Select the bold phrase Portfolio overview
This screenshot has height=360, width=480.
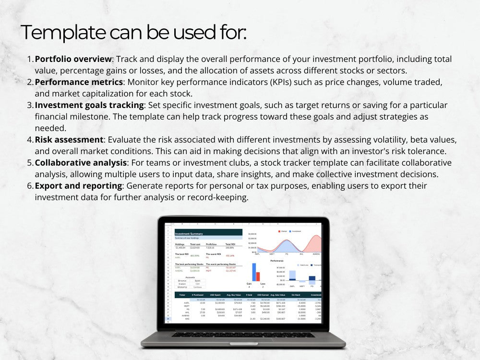[x=73, y=59]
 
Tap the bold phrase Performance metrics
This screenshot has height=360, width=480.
[x=79, y=82]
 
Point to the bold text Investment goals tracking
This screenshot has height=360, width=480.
[x=90, y=105]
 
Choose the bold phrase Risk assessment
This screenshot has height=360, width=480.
[x=69, y=140]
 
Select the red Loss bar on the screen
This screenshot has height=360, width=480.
[x=258, y=276]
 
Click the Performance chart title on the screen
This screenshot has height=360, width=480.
[x=277, y=260]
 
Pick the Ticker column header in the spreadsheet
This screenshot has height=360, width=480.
[x=182, y=294]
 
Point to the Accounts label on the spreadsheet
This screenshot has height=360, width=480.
[x=191, y=277]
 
